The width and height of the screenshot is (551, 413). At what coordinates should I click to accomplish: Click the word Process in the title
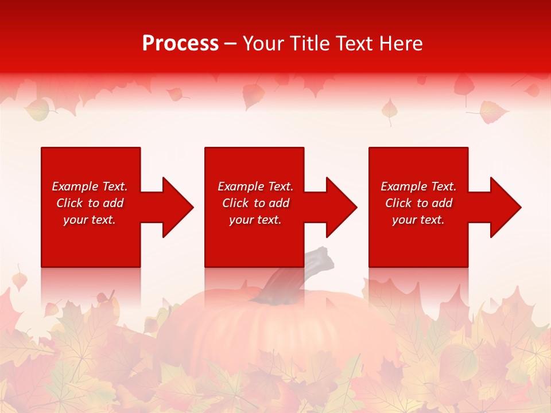coord(180,44)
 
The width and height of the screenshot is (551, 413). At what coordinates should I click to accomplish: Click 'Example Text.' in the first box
coord(90,186)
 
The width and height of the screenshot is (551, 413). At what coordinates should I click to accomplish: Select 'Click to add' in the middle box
coord(255,203)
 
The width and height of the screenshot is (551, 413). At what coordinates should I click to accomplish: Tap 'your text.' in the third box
coord(418,220)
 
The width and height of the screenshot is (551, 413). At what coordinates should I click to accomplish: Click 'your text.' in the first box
coord(90,220)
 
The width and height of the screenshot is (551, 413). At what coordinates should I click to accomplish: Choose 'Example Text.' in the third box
coord(418,186)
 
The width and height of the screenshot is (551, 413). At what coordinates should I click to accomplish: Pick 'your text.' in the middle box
coord(255,220)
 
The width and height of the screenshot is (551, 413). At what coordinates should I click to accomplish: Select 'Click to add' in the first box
coord(90,203)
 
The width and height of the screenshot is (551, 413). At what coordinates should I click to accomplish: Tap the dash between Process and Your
coord(230,44)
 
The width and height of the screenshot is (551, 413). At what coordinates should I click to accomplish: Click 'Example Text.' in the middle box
coord(255,186)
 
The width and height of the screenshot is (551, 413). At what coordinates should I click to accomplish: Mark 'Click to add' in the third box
coord(418,203)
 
